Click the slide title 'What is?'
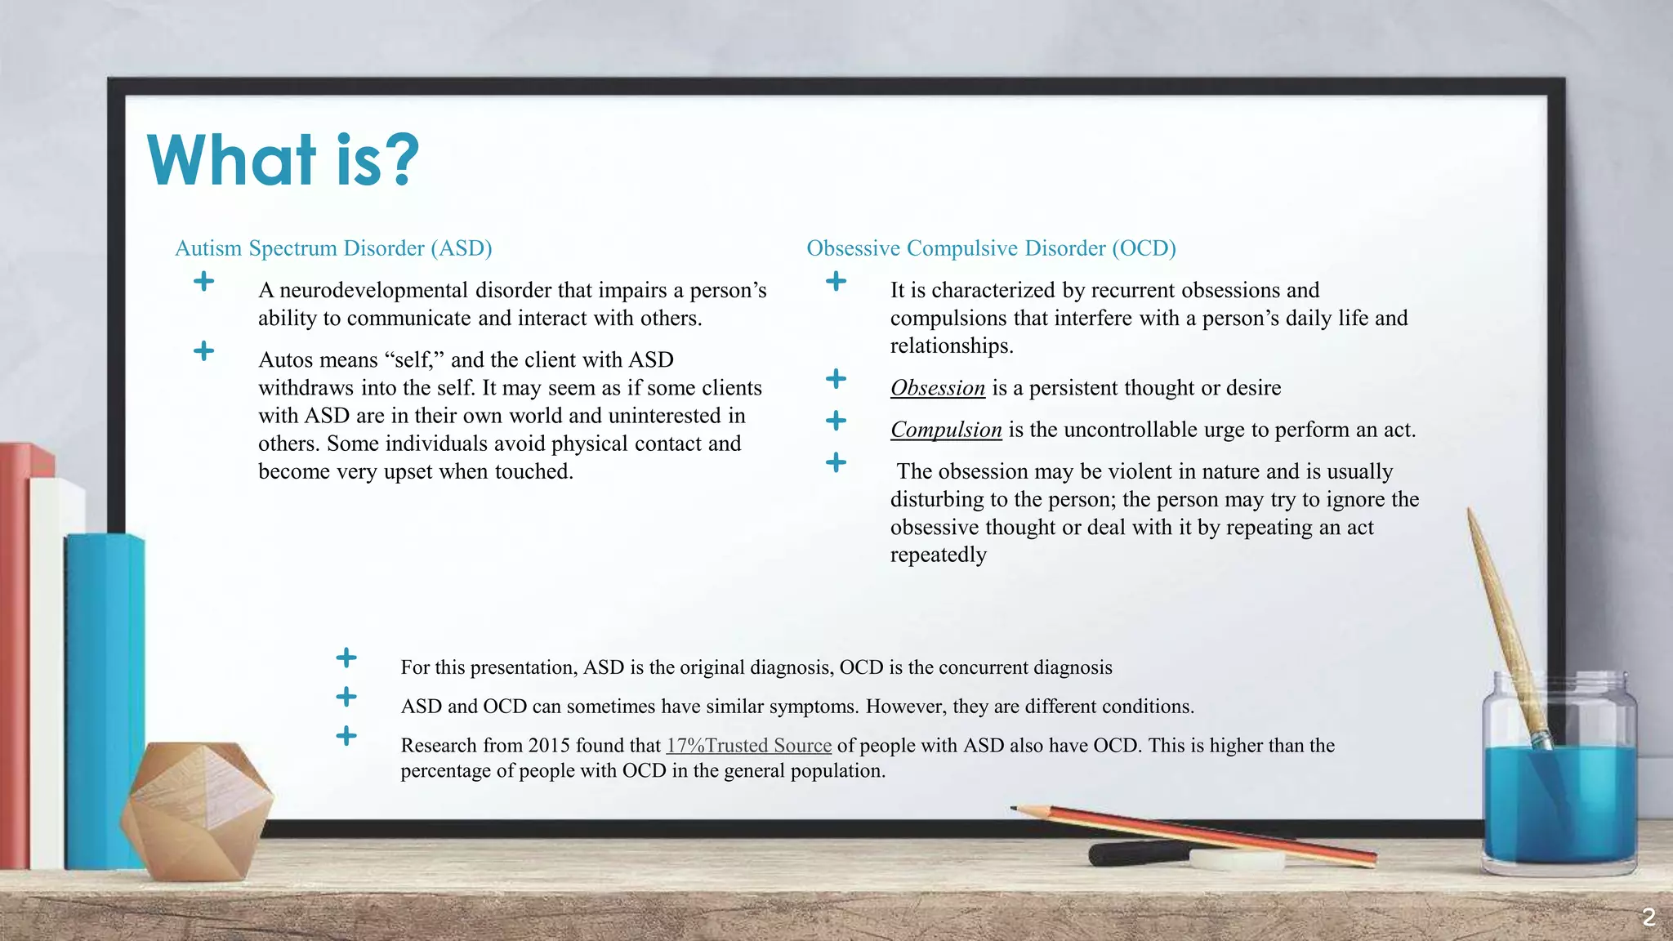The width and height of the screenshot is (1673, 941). point(283,160)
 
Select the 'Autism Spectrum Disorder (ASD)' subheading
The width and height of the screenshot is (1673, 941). point(333,248)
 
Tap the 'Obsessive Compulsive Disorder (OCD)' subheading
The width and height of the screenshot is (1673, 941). point(991,248)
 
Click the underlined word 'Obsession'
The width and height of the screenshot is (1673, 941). point(937,388)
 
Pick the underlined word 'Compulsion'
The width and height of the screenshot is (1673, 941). point(945,430)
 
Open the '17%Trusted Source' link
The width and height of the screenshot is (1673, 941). point(748,746)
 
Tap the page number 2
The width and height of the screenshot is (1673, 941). point(1648,917)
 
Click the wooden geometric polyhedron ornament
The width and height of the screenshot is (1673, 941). point(199,809)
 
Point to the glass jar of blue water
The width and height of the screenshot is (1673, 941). point(1559,776)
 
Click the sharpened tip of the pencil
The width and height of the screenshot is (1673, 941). point(1015,809)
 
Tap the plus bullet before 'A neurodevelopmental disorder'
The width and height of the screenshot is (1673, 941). point(204,282)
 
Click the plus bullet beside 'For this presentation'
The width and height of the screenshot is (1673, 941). point(346,658)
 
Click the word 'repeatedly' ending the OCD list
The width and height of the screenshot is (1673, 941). point(938,555)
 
